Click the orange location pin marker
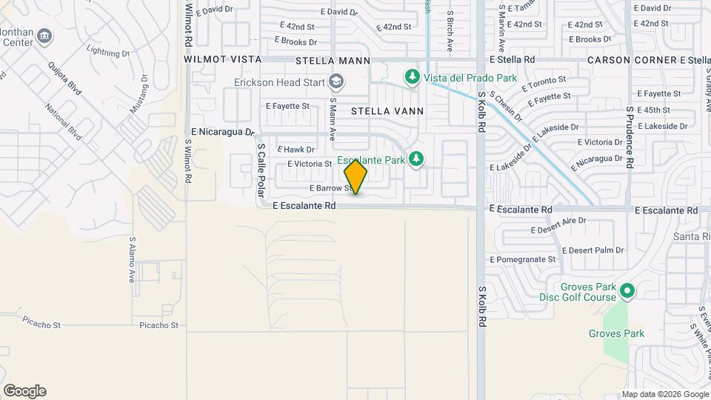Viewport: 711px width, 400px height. [355, 176]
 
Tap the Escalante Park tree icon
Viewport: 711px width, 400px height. [416, 159]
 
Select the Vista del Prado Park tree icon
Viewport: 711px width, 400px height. [413, 76]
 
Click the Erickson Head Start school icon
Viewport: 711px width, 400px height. [337, 81]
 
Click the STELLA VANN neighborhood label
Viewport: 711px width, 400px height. [387, 111]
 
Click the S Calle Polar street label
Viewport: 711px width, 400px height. [261, 170]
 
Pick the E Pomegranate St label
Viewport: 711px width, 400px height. [522, 259]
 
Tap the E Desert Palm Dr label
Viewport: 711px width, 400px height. [593, 251]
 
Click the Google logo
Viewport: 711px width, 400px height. [24, 391]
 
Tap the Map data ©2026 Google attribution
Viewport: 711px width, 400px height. [664, 394]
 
